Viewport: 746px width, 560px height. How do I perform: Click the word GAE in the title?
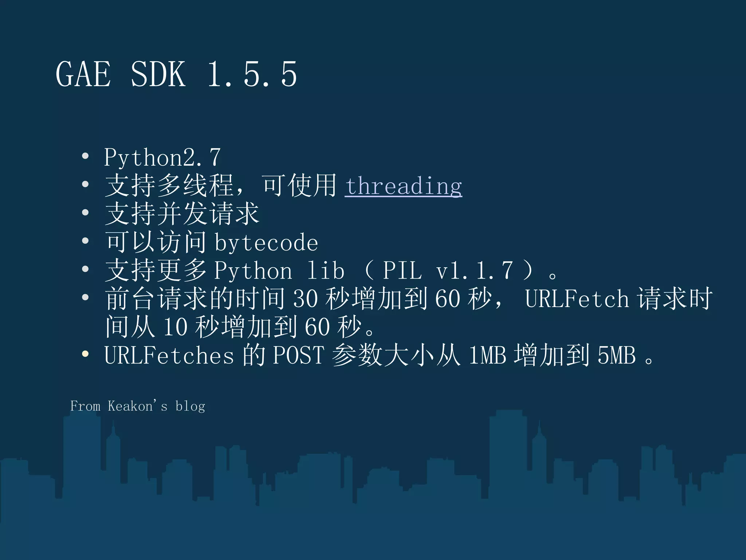[83, 74]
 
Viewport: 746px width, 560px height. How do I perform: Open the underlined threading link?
[404, 186]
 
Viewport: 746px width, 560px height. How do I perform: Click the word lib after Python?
[325, 271]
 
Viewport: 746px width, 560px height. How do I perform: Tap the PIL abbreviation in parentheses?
[402, 271]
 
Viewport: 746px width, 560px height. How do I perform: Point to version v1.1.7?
[474, 271]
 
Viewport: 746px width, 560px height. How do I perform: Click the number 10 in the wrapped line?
[175, 327]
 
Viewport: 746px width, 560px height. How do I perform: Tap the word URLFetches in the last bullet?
[169, 355]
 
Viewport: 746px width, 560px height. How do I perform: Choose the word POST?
[298, 355]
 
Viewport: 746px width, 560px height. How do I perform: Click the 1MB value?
[487, 355]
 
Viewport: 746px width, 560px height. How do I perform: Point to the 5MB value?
[616, 355]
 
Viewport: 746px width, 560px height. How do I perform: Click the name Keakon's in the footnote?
[137, 406]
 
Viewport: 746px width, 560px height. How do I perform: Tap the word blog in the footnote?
[190, 406]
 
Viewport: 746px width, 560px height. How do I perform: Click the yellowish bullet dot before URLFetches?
[85, 354]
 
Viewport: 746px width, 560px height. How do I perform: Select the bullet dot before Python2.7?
[85, 156]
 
